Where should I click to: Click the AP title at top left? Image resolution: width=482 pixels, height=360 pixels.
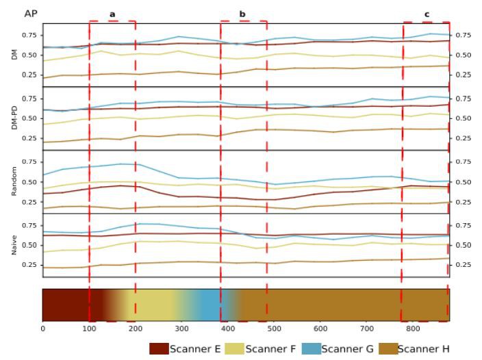tap(31, 14)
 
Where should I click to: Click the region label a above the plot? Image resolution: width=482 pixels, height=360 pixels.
tap(112, 14)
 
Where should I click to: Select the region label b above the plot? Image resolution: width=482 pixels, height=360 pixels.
tap(242, 14)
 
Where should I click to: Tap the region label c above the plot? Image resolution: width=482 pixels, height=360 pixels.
tap(427, 14)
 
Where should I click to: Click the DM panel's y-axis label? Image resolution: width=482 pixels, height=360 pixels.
tap(15, 54)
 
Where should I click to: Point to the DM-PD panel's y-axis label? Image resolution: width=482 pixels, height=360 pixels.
tap(15, 117)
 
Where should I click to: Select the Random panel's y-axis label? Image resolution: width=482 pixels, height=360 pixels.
tap(15, 181)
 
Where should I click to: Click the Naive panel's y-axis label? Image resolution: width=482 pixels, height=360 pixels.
tap(15, 244)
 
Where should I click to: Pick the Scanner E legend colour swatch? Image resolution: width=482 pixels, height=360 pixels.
tap(159, 349)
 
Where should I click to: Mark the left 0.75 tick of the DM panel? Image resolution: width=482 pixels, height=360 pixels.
tap(28, 35)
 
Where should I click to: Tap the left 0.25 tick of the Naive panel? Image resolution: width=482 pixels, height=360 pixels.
tap(28, 264)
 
